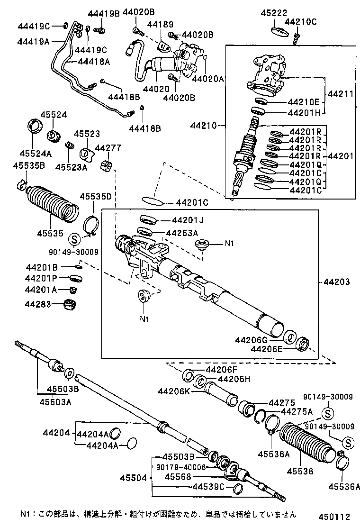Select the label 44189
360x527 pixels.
click(160, 24)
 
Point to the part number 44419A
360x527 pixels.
click(33, 41)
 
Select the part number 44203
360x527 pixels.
click(337, 282)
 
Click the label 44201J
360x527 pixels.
click(187, 220)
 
